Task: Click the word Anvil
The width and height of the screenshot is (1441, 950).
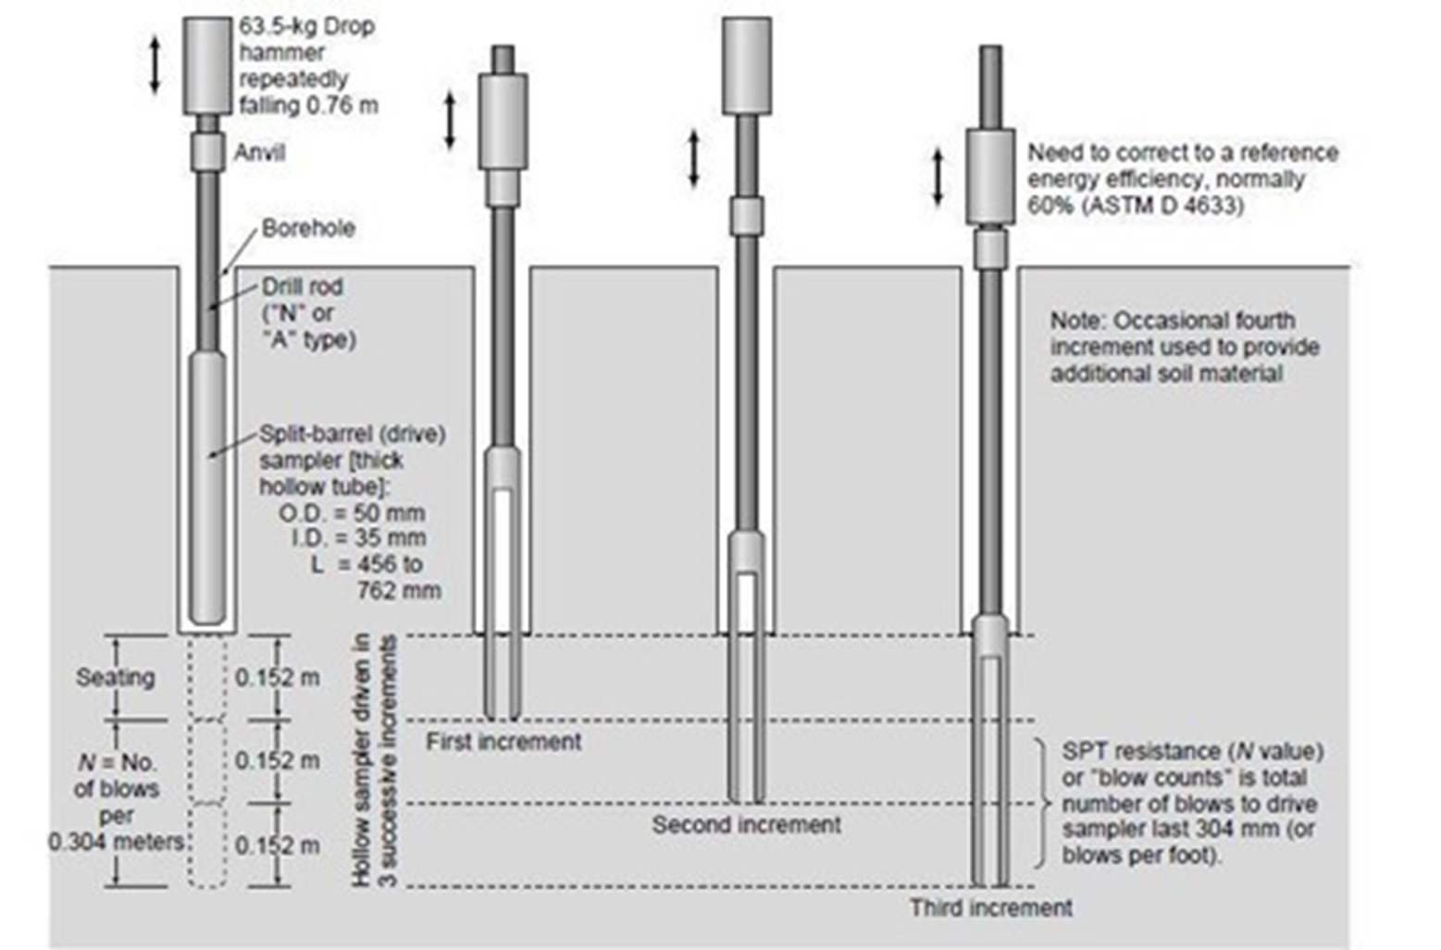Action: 259,153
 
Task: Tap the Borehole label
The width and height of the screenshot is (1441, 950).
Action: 308,228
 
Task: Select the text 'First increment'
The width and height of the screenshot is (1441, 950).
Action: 503,742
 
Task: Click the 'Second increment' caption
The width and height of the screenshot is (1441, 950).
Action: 746,825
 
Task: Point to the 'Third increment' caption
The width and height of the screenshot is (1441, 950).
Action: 990,908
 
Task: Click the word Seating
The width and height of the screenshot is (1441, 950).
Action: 116,677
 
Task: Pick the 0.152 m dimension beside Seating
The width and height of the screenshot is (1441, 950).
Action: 278,677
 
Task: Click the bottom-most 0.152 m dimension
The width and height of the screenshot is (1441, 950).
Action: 278,845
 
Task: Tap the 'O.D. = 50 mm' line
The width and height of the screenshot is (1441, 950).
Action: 352,513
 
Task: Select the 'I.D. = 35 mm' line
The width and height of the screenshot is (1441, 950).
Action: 358,538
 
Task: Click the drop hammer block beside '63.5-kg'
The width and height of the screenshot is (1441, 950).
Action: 207,67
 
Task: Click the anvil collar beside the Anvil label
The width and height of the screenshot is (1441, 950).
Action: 207,152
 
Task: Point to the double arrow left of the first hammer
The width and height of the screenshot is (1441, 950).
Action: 155,65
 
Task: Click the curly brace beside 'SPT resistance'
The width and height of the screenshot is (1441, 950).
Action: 1043,804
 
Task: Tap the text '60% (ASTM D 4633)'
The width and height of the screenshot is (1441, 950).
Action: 1136,205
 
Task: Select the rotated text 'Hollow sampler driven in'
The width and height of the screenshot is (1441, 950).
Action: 363,760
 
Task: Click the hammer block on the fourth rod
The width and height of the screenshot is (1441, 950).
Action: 990,178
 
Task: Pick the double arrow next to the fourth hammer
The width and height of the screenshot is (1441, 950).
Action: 938,178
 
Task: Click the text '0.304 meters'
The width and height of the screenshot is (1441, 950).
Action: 117,842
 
